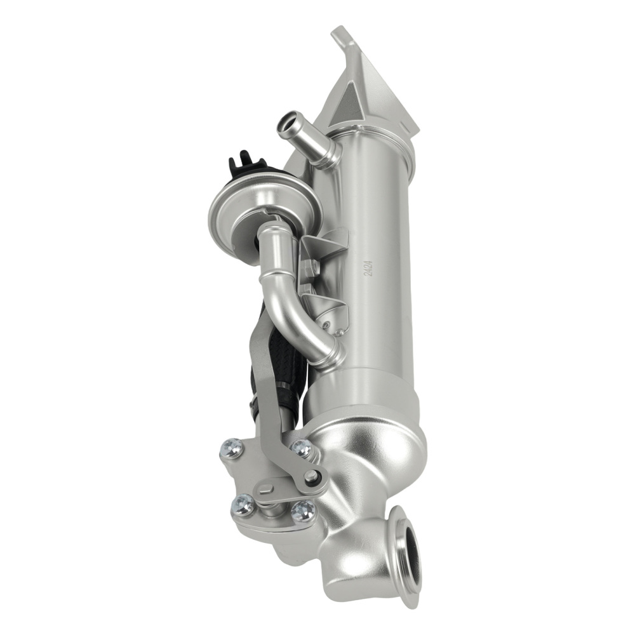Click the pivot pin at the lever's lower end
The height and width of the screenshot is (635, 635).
tap(311, 476)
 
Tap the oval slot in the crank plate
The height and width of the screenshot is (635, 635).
tap(267, 489)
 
